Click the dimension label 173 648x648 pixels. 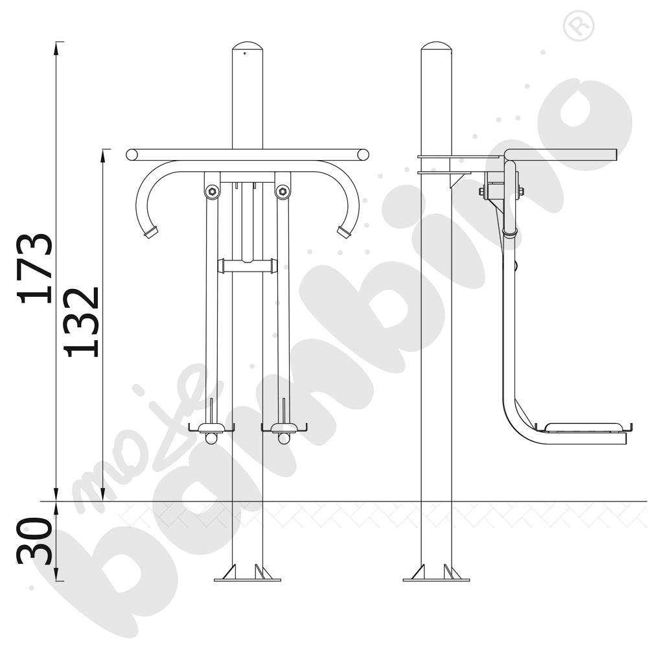35,269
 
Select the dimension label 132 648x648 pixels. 82,322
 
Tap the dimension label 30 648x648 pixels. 35,541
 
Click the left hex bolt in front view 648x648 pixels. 212,191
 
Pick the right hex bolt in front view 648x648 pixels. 283,191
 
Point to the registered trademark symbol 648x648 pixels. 579,26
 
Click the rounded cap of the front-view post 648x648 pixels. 247,45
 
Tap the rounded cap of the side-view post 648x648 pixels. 436,45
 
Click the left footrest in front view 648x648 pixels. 212,428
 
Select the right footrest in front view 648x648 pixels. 284,428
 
